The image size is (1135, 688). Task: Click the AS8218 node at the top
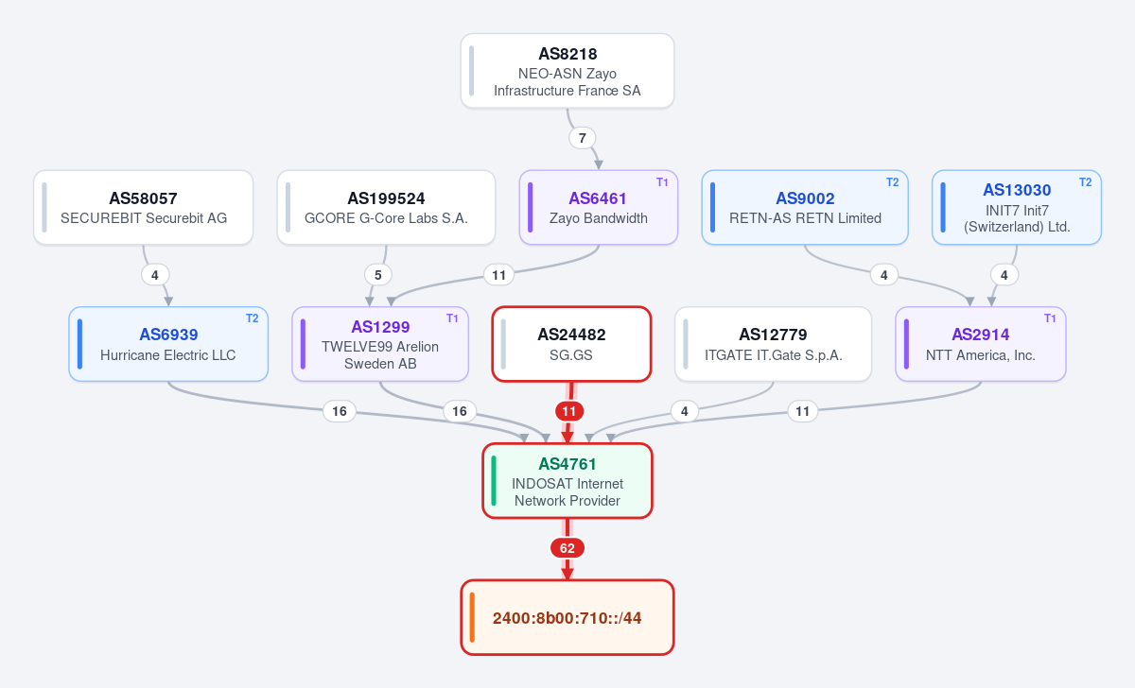coord(567,71)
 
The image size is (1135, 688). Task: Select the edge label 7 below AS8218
coord(583,138)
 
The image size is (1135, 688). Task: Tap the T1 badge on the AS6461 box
coord(662,182)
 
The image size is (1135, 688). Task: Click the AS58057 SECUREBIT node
coord(144,208)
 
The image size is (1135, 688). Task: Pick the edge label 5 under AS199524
coord(378,275)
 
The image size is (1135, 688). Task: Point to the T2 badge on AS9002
coord(892,182)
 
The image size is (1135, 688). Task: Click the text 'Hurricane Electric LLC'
coord(167,355)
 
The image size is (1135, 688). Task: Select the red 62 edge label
coord(567,548)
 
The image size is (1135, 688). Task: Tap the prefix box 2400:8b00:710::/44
coord(567,618)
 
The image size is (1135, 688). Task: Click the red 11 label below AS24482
coord(569,411)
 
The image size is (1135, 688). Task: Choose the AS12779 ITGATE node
coord(774,344)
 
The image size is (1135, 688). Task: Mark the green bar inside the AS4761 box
coord(494,481)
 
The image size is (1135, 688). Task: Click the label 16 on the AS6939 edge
coord(339,411)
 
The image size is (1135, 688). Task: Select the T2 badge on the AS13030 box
coord(1086,182)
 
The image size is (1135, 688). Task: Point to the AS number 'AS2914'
coord(981,335)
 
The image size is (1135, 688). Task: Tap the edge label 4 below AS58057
coord(155,275)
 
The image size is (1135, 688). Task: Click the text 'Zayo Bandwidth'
coord(599,218)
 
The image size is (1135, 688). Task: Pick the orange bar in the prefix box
coord(472,618)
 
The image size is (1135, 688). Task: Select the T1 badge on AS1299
coord(452,318)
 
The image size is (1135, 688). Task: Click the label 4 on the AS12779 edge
coord(684,411)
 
